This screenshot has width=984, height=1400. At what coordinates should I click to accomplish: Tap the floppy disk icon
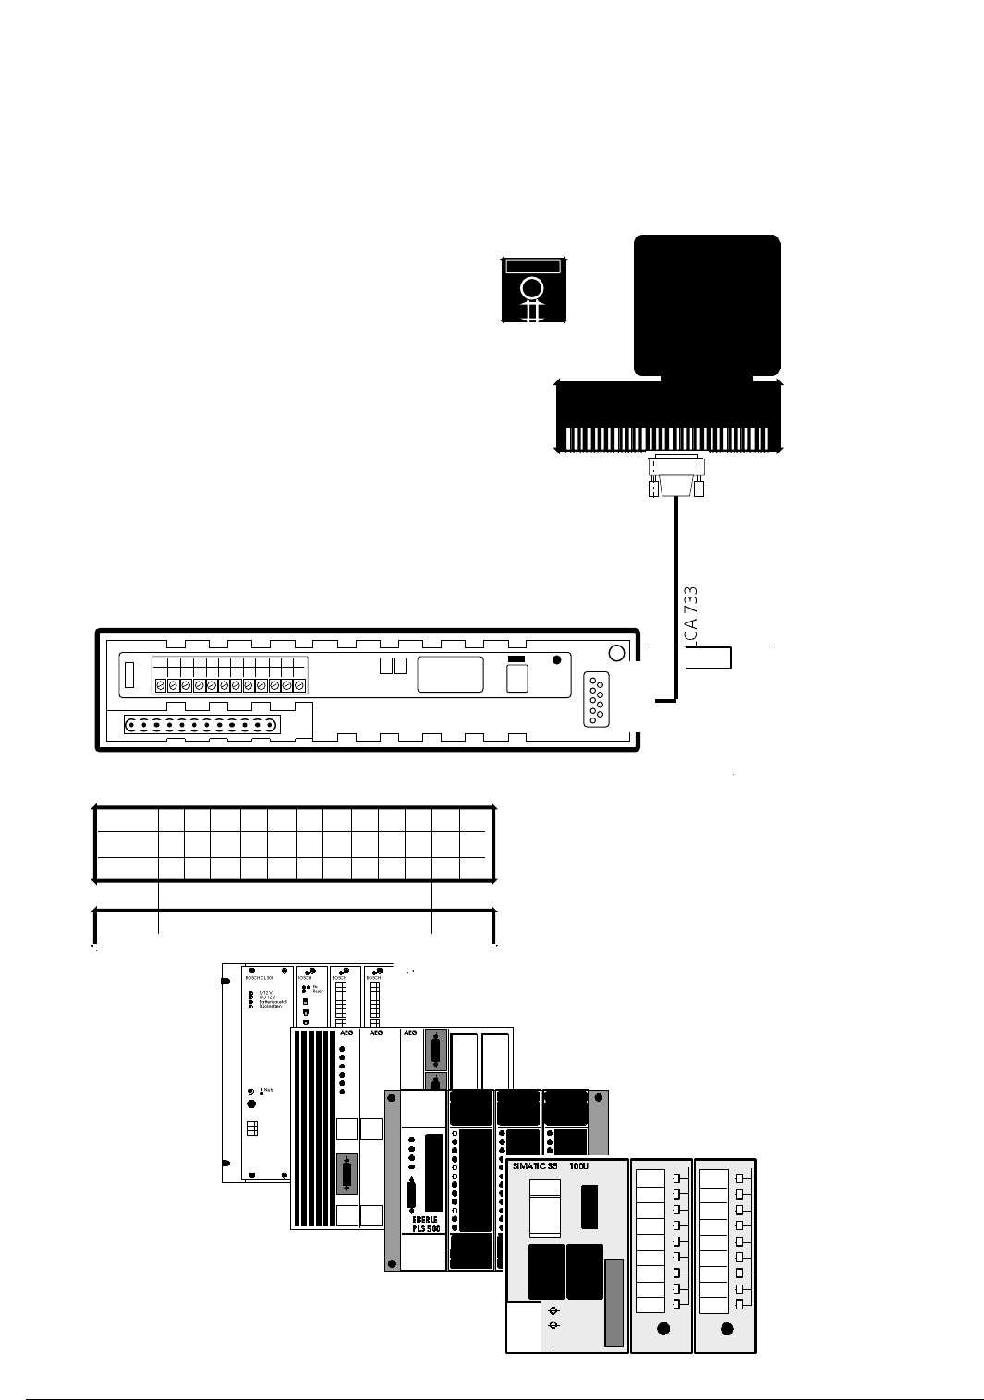(532, 290)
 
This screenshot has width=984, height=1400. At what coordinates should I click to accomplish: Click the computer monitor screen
(707, 303)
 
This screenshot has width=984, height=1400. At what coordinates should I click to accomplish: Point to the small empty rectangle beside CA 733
(709, 657)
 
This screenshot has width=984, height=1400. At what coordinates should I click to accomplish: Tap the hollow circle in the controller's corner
(618, 652)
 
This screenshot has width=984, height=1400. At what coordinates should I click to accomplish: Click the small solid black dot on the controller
(555, 659)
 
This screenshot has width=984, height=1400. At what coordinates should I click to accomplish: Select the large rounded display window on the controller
(451, 674)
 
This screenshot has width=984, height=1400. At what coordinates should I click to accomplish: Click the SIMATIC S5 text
(535, 1166)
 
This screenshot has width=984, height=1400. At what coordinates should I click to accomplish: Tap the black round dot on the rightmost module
(726, 1330)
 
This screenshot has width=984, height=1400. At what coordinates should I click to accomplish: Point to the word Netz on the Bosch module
(267, 1091)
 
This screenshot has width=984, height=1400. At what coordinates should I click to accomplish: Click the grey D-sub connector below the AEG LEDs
(345, 1175)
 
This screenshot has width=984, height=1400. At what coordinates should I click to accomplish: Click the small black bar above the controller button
(516, 658)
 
